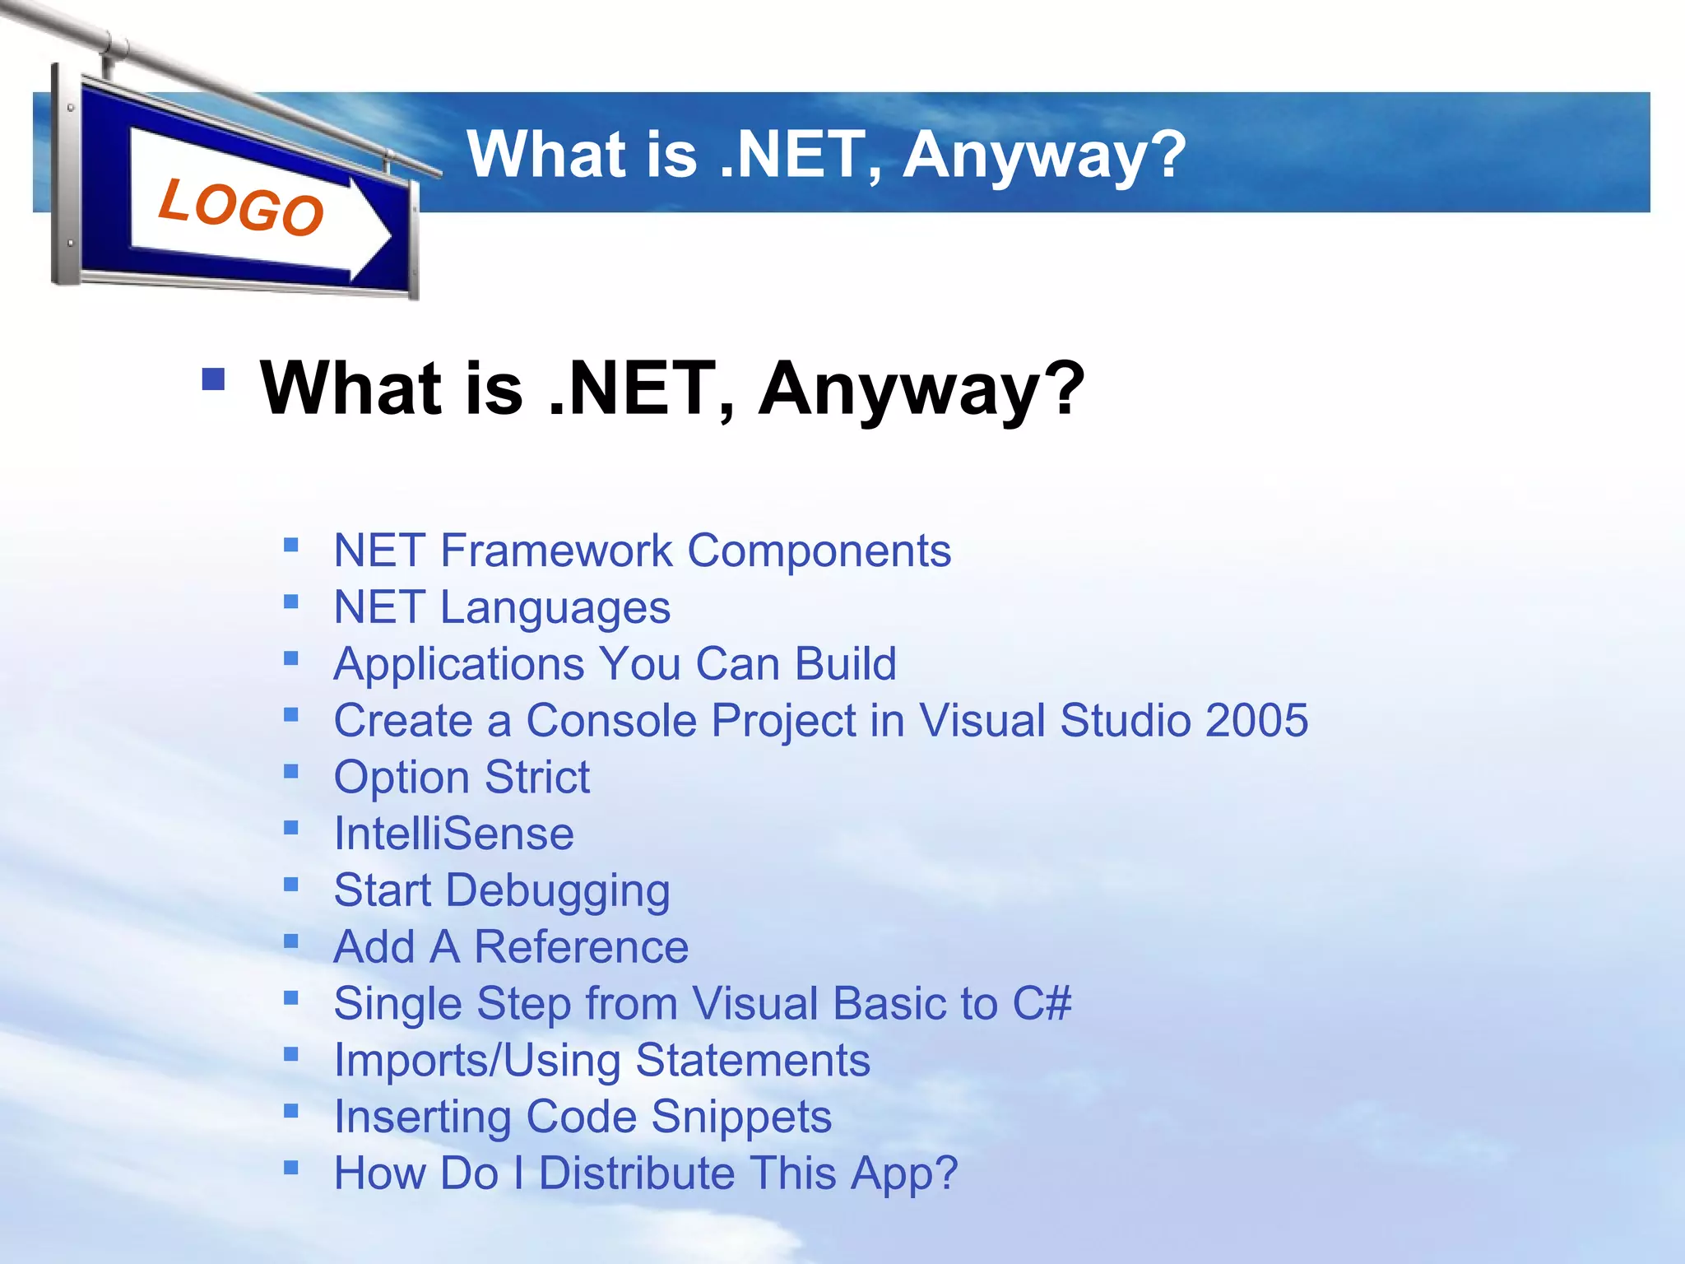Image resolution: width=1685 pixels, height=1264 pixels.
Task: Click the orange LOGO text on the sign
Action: click(240, 207)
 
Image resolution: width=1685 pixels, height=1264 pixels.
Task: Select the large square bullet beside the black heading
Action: click(213, 379)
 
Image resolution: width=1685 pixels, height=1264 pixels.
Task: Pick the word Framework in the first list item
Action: click(557, 550)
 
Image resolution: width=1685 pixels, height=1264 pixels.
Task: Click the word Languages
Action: click(555, 608)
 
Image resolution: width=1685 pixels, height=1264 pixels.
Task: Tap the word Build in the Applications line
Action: click(846, 663)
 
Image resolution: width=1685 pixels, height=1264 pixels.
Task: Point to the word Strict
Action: click(537, 777)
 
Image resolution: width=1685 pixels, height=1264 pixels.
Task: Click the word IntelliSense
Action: click(453, 834)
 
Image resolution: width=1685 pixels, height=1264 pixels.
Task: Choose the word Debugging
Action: click(558, 891)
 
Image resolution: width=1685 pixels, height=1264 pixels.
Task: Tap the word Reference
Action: click(582, 946)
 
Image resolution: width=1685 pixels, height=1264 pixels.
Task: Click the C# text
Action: click(1042, 1003)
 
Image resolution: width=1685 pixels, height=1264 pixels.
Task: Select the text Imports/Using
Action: click(476, 1060)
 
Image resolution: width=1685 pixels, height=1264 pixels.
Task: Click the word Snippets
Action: click(741, 1117)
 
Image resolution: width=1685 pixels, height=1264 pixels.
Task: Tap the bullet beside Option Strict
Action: click(290, 772)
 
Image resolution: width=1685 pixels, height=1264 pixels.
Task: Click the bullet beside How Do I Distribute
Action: click(290, 1168)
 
